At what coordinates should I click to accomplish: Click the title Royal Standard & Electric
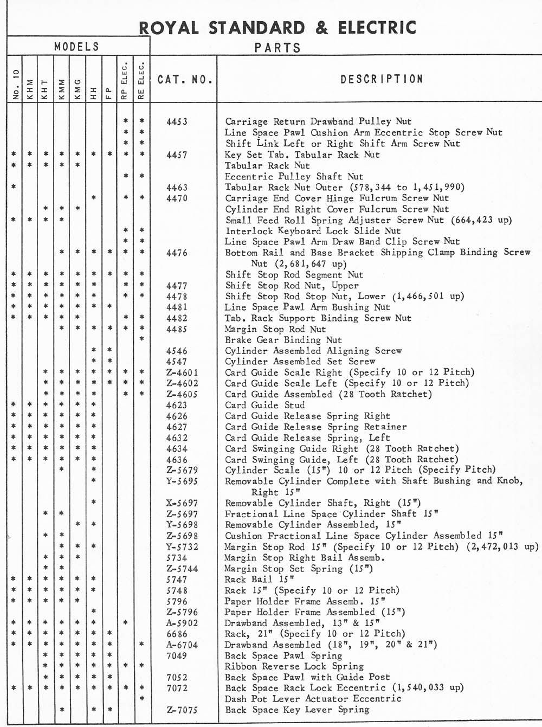pyautogui.click(x=278, y=28)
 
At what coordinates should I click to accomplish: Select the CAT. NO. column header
pyautogui.click(x=185, y=80)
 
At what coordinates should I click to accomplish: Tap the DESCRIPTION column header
pyautogui.click(x=382, y=79)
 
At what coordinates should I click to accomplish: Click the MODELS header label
pyautogui.click(x=77, y=47)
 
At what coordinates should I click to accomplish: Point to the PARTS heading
pyautogui.click(x=278, y=48)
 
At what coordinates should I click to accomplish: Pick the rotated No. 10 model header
pyautogui.click(x=15, y=86)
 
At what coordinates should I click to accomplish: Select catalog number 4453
pyautogui.click(x=177, y=122)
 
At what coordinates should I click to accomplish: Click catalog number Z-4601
pyautogui.click(x=182, y=372)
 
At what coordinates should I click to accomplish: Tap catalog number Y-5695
pyautogui.click(x=182, y=481)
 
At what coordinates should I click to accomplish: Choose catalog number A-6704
pyautogui.click(x=182, y=645)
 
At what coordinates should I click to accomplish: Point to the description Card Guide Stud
pyautogui.click(x=264, y=405)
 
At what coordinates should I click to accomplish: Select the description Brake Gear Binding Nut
pyautogui.click(x=283, y=340)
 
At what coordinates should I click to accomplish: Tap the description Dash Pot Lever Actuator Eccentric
pyautogui.click(x=313, y=699)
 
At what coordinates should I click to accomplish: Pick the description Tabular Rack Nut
pyautogui.click(x=267, y=165)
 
